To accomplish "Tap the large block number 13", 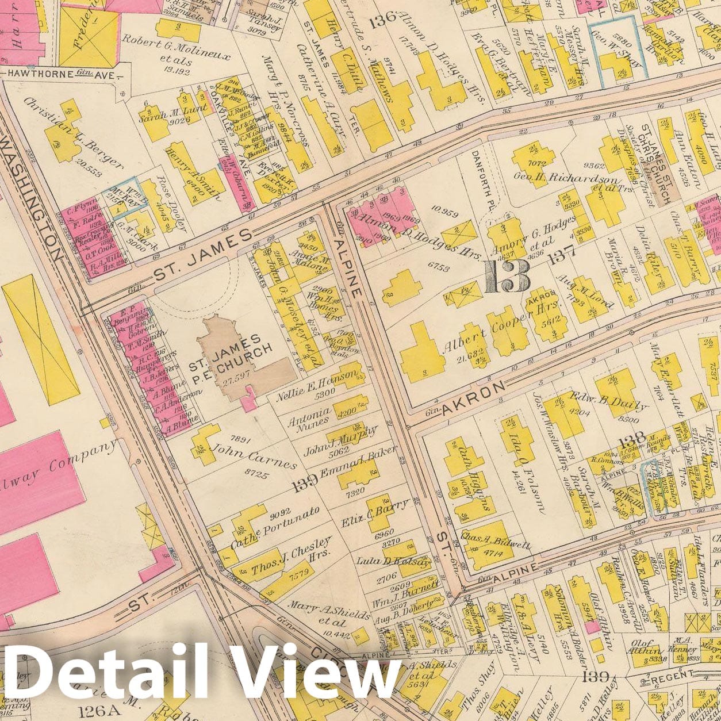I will point(507,277).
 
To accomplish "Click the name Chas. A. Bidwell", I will point(496,540).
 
